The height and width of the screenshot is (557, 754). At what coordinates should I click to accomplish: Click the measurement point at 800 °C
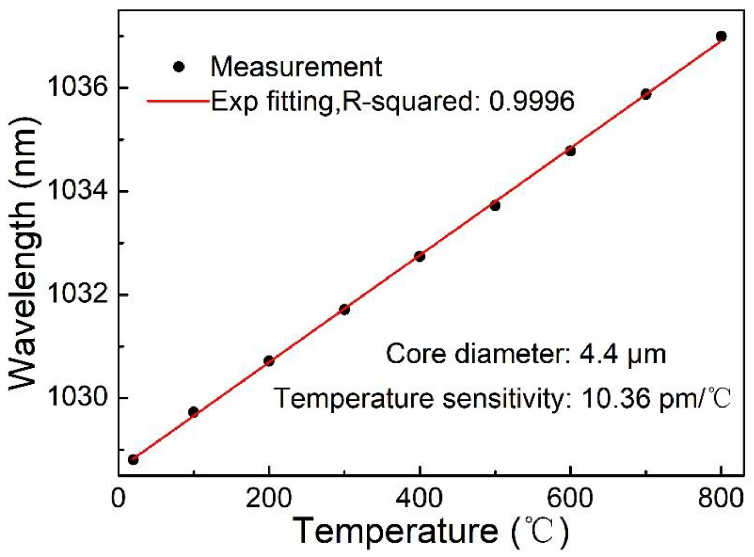pos(721,36)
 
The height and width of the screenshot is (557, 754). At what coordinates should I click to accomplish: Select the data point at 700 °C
pos(645,94)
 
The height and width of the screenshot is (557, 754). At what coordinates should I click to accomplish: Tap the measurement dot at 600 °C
pos(570,151)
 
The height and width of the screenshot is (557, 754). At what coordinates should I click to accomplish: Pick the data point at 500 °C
pos(495,206)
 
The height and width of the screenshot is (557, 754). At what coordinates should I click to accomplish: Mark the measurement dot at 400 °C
pos(420,257)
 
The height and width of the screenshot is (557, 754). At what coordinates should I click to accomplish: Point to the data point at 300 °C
pos(344,309)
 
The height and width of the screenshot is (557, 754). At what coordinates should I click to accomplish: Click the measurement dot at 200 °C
pos(269,361)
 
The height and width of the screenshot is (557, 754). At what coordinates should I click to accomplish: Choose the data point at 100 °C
pos(194,412)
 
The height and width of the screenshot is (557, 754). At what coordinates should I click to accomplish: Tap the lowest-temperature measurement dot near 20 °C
pos(133,460)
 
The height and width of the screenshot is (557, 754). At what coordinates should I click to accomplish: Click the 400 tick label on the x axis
pos(419,499)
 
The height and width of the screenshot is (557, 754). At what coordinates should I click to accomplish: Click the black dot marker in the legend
pos(179,67)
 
